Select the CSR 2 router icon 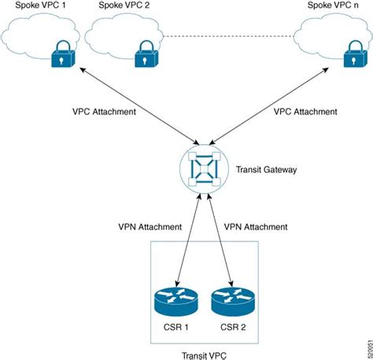(x=233, y=301)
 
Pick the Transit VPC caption (x=205, y=354)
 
